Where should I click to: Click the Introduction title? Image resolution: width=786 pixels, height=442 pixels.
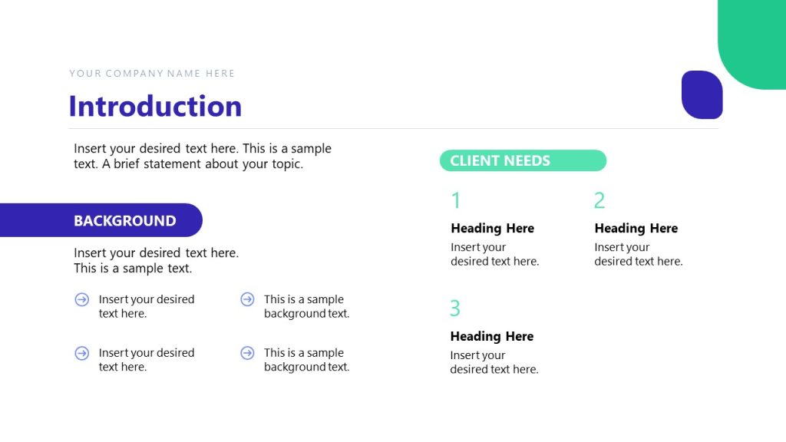tap(155, 106)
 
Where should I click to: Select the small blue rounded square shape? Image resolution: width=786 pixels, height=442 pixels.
tap(702, 94)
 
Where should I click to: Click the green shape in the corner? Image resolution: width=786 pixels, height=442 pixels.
tap(756, 42)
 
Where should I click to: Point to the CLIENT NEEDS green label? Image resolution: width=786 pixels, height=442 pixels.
tap(523, 160)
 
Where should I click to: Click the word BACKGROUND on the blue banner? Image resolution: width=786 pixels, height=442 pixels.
tap(124, 221)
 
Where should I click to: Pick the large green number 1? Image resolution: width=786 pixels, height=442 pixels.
tap(456, 200)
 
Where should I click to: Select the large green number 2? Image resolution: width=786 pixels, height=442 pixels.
tap(599, 200)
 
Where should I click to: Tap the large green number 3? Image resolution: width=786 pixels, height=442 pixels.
tap(455, 308)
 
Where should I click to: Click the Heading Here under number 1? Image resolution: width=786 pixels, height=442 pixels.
tap(492, 228)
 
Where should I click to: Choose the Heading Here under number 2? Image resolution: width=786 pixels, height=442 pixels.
tap(636, 228)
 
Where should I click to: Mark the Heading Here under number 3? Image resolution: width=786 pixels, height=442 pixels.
tap(491, 336)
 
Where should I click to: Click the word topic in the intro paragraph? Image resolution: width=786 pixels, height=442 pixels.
tap(286, 163)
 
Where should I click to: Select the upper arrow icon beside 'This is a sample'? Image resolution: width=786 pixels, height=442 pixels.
tap(247, 299)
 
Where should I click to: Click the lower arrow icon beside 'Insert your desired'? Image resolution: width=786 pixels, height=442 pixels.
tap(82, 353)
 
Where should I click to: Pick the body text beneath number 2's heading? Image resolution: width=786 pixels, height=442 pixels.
tap(638, 254)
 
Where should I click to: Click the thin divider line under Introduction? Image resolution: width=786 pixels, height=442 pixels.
tap(393, 128)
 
